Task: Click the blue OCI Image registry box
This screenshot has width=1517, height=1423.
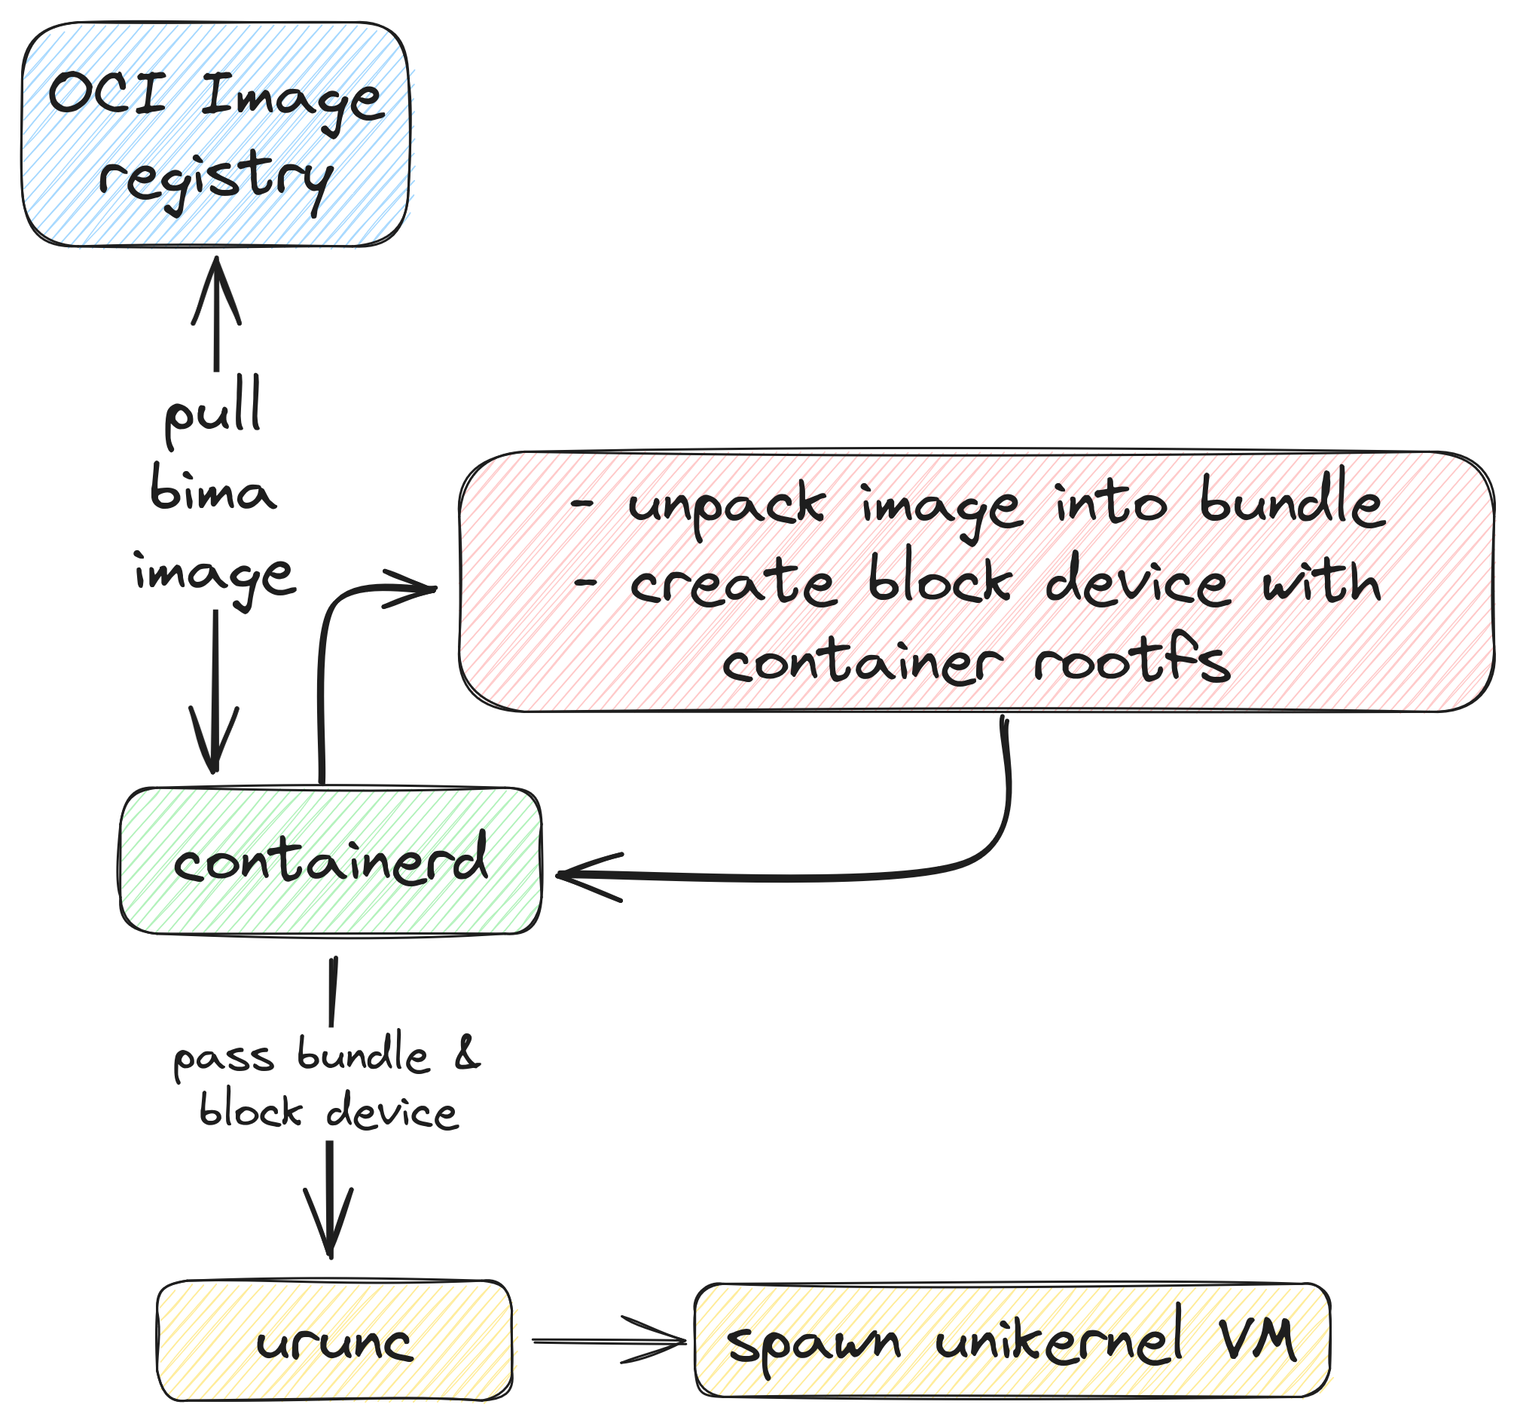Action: click(216, 134)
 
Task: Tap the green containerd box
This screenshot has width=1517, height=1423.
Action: click(331, 861)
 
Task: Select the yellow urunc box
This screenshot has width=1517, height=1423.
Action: click(334, 1342)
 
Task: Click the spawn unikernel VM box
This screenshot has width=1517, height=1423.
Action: click(1012, 1342)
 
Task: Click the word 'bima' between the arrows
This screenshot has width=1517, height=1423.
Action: click(212, 491)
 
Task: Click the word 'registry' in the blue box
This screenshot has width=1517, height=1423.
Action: click(216, 179)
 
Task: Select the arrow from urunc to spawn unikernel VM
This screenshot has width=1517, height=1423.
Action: click(610, 1342)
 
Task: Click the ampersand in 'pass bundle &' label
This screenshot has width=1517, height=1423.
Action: click(466, 1054)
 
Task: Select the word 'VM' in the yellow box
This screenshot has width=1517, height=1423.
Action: click(1256, 1340)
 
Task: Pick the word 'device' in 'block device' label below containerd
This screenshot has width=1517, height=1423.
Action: click(392, 1112)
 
